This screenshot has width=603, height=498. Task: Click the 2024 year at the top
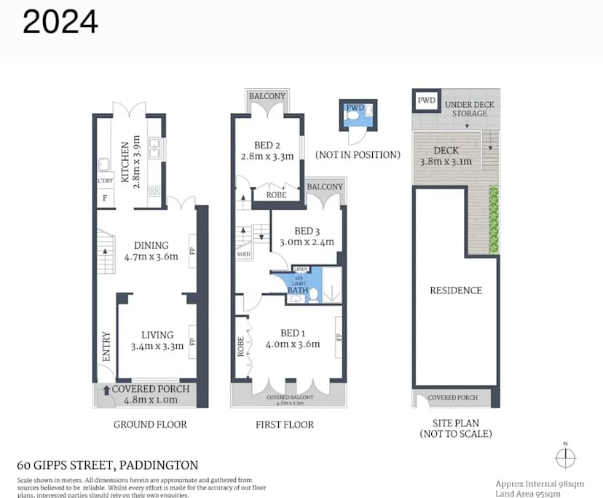click(x=60, y=22)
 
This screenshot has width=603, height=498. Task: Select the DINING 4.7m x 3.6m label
click(x=151, y=250)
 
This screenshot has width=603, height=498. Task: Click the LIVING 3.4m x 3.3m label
click(x=157, y=341)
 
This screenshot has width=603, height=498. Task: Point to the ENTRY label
click(x=106, y=347)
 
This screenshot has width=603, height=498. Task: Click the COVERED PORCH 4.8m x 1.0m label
click(x=151, y=394)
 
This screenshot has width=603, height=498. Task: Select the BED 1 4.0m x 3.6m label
click(x=293, y=339)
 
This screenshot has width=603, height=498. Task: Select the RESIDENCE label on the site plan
click(x=456, y=290)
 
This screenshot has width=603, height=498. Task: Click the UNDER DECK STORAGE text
click(x=469, y=108)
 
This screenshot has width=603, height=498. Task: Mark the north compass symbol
click(x=565, y=457)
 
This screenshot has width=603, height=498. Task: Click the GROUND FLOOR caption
click(x=151, y=424)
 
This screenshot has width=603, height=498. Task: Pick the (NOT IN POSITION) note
click(x=358, y=154)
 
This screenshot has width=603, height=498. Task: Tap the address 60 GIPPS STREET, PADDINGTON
click(x=108, y=465)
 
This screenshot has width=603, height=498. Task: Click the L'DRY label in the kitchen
click(x=104, y=181)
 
